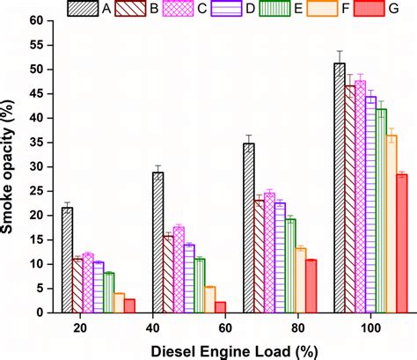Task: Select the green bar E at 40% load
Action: [x=200, y=285]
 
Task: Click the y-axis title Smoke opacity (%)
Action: [x=12, y=167]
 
